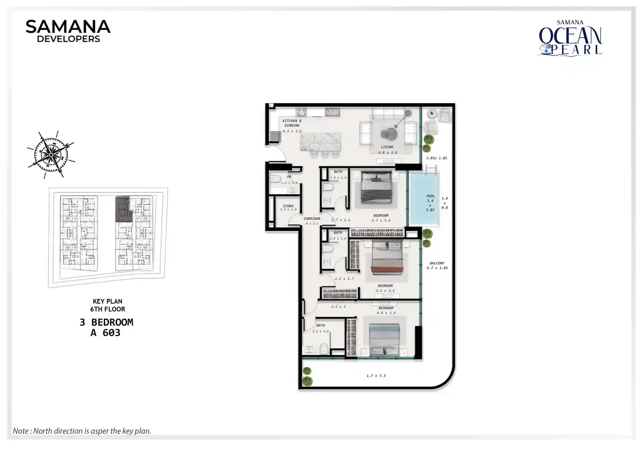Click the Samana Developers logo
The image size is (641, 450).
tap(68, 31)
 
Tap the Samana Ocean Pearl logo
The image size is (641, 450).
tap(570, 38)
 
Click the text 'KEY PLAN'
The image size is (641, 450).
tap(107, 301)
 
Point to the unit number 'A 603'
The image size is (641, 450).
tap(106, 333)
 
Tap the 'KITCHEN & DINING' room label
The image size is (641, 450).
tap(292, 123)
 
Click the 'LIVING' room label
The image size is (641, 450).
tap(387, 147)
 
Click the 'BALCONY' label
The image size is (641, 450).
tap(437, 263)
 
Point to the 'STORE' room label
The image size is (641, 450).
tap(288, 206)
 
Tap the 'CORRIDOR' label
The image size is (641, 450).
tap(312, 219)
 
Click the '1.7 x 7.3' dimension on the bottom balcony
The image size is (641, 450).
tap(376, 376)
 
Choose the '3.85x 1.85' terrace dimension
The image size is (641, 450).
tap(436, 158)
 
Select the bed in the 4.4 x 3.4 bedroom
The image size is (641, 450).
tap(384, 339)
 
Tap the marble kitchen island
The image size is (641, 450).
tap(320, 142)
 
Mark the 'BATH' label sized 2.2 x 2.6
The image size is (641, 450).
tap(320, 325)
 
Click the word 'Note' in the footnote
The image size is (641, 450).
tap(21, 431)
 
